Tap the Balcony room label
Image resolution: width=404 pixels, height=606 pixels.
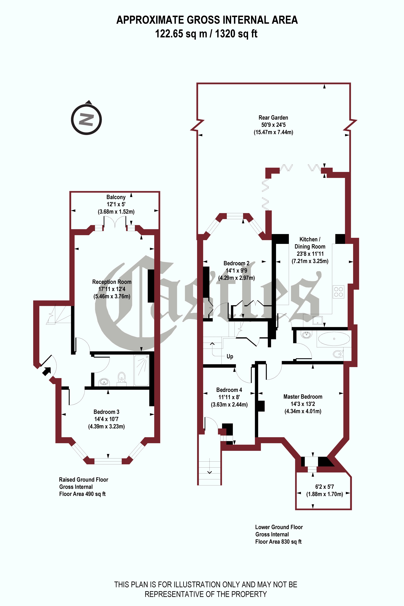pyautogui.click(x=116, y=197)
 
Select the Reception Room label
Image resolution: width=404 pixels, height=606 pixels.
pyautogui.click(x=112, y=282)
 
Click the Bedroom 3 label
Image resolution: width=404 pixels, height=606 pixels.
pyautogui.click(x=106, y=412)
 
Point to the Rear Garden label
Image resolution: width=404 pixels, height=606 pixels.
pyautogui.click(x=273, y=118)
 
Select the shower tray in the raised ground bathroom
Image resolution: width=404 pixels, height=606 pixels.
pyautogui.click(x=141, y=370)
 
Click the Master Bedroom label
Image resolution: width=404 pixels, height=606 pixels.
pyautogui.click(x=303, y=397)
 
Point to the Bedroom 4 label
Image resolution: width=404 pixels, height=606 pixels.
pyautogui.click(x=229, y=390)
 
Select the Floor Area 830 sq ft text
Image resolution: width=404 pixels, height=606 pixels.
pyautogui.click(x=278, y=542)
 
